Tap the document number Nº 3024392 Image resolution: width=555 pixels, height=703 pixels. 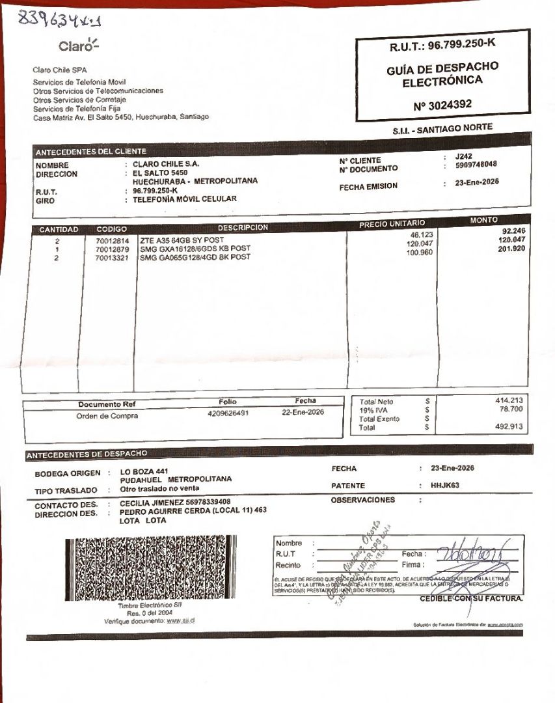click(x=442, y=105)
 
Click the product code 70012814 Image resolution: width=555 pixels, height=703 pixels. click(x=112, y=241)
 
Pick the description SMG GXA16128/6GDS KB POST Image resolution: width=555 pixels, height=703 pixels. click(x=195, y=249)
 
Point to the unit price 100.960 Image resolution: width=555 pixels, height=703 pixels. click(x=420, y=253)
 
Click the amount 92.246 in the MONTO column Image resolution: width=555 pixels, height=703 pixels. click(x=513, y=231)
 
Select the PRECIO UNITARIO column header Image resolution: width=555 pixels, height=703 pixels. click(x=392, y=224)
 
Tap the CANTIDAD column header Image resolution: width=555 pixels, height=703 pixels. click(x=59, y=229)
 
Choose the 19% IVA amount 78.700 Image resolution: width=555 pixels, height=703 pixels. click(x=512, y=409)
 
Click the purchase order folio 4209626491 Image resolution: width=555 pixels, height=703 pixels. click(x=228, y=413)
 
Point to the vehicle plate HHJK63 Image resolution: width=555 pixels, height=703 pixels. click(x=445, y=485)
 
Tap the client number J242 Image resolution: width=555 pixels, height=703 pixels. click(x=464, y=156)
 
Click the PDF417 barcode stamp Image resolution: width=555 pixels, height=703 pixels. click(x=150, y=567)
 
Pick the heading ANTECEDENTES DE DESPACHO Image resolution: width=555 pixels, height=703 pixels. click(x=87, y=454)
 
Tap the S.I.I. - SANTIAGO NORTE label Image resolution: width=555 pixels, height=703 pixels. click(x=442, y=129)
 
